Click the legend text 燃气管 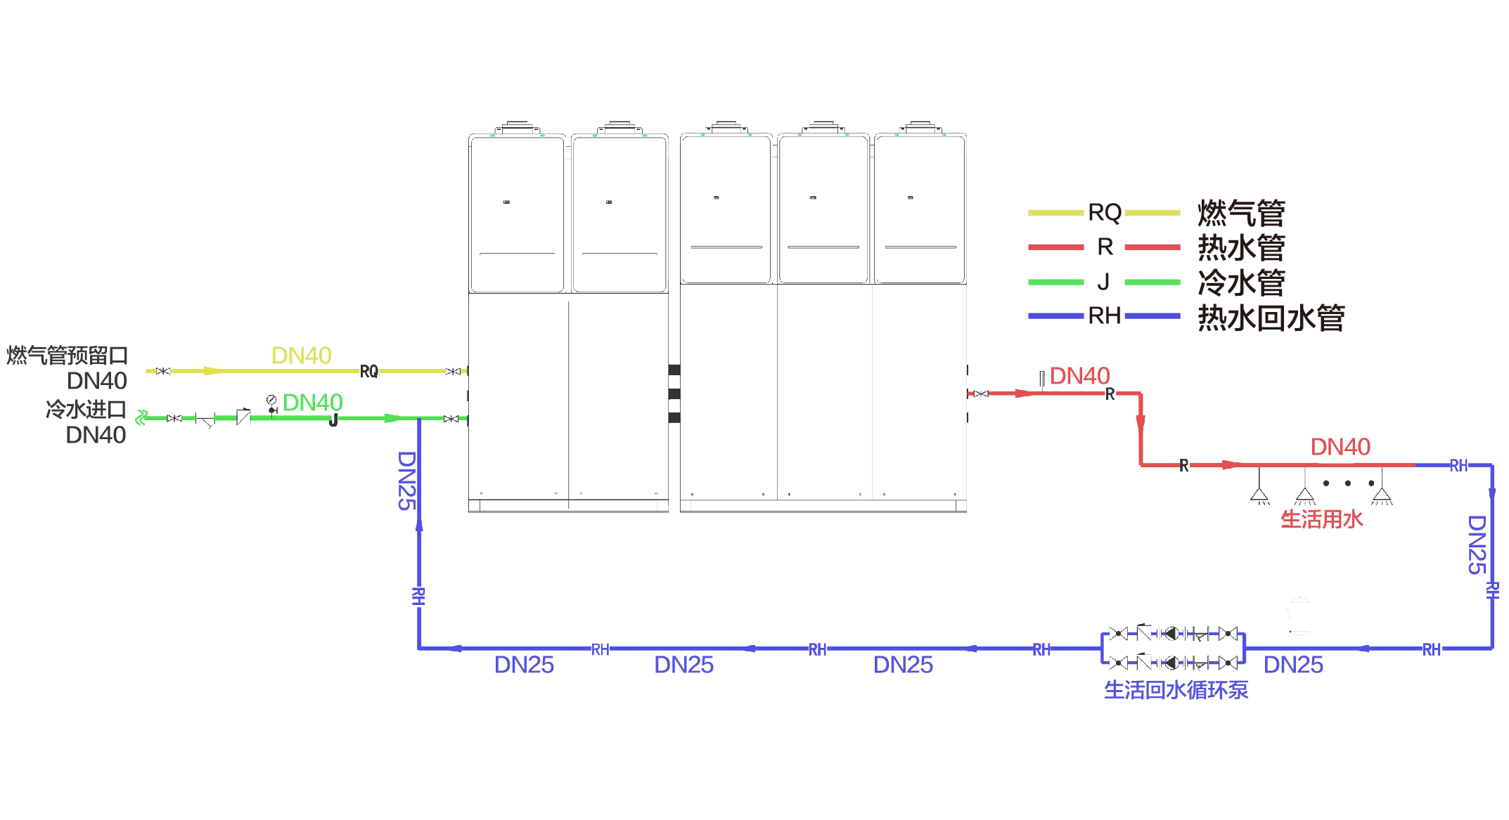[x=1241, y=213]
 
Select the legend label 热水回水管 [x=1271, y=318]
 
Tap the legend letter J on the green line [x=1103, y=282]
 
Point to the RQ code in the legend [x=1104, y=212]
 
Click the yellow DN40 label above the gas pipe [x=301, y=356]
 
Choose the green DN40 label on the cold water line [x=312, y=403]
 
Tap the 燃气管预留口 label [x=67, y=356]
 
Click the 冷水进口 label [x=86, y=409]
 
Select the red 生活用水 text [x=1321, y=519]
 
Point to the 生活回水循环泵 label [x=1176, y=690]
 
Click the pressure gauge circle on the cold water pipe [x=271, y=400]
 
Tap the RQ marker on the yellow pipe [x=368, y=372]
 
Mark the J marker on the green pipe [x=333, y=420]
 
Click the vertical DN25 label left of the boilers [x=407, y=481]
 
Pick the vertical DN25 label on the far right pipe [x=1477, y=545]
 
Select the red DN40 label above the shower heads [x=1340, y=447]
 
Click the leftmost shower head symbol [x=1259, y=495]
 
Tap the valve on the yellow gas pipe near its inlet [x=162, y=371]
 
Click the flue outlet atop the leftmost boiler [x=517, y=126]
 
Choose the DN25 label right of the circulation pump [x=1293, y=665]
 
